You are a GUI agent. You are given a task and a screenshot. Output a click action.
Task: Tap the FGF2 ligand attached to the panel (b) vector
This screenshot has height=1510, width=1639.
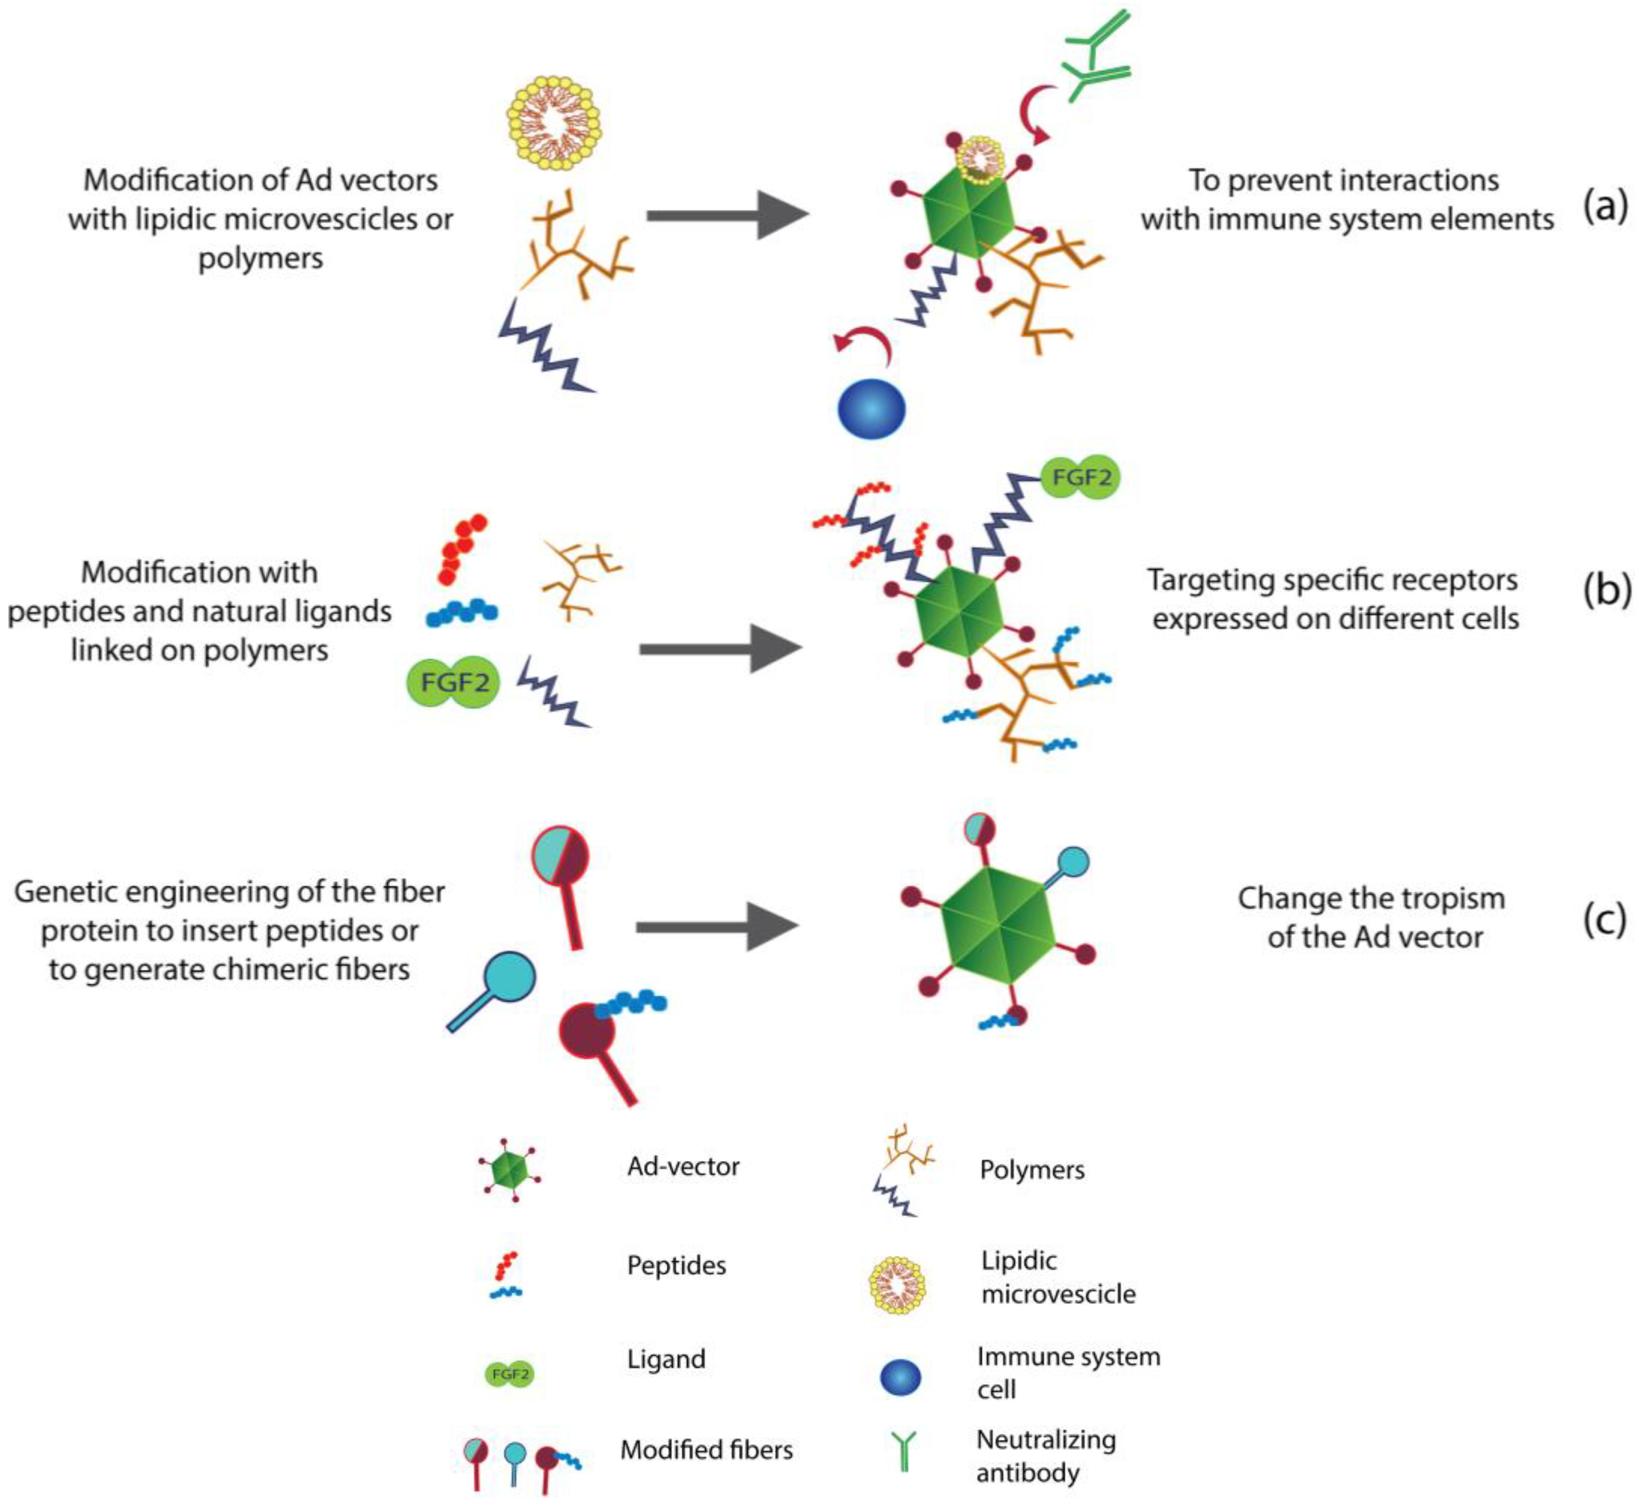1080,477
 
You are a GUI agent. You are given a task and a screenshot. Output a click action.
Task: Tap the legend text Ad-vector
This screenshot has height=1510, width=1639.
683,1166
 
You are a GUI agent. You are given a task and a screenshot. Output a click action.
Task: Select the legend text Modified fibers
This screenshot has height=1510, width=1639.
706,1449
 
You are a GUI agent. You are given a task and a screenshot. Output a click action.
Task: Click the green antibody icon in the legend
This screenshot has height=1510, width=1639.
904,1452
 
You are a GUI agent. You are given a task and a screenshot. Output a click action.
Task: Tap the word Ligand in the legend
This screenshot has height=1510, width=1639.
666,1359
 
